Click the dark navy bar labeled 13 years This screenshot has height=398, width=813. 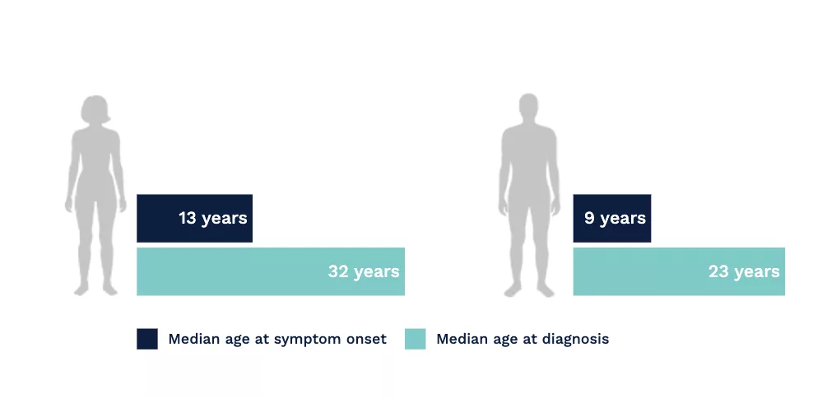[194, 218]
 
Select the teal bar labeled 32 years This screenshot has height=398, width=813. [271, 271]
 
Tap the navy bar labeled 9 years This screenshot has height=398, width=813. [612, 218]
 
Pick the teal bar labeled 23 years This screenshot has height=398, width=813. [679, 271]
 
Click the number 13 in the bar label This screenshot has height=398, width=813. [187, 218]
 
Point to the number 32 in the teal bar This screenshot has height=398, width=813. [337, 271]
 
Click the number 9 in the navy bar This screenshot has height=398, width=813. [589, 218]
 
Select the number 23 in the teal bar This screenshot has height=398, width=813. [718, 271]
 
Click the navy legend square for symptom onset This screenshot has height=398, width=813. [147, 339]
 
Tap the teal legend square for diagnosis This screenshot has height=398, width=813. [416, 339]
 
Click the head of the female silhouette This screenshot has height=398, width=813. [95, 109]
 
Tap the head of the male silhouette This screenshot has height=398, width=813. [528, 108]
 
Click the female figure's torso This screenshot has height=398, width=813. [95, 166]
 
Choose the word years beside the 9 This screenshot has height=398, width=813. [623, 219]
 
